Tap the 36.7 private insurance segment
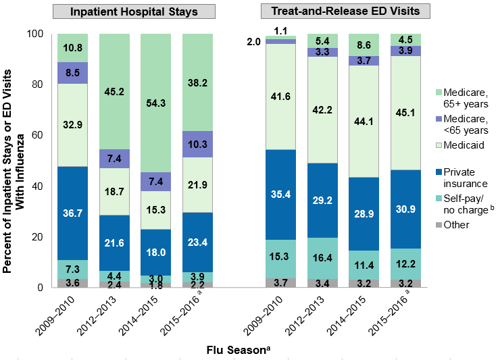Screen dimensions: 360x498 [x=73, y=212]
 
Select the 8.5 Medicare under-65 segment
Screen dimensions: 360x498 [x=73, y=72]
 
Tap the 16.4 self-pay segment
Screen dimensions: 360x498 [x=322, y=257]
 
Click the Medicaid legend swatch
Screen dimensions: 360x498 [x=434, y=145]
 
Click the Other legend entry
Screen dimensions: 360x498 [x=455, y=224]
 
